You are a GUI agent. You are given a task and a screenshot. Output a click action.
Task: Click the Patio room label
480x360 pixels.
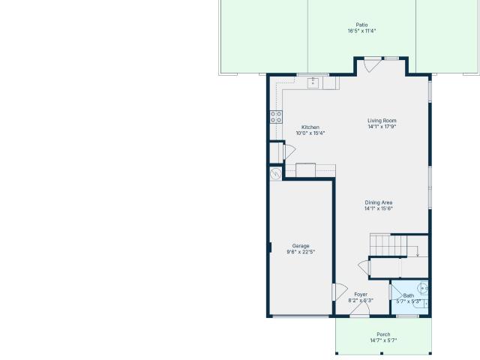click(361, 25)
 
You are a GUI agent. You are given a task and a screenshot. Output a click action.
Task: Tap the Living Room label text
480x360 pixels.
click(382, 121)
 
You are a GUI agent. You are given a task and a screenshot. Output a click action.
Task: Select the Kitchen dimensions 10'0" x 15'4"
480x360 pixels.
click(310, 133)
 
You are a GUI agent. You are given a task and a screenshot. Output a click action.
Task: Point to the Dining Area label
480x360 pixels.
click(378, 202)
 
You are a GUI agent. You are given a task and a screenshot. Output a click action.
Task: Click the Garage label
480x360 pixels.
click(301, 246)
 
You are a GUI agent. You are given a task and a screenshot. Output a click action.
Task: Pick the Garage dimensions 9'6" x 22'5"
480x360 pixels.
click(301, 252)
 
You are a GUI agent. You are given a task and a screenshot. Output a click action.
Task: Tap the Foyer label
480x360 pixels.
click(361, 295)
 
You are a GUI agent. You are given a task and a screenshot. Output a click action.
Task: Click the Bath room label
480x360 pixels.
click(408, 295)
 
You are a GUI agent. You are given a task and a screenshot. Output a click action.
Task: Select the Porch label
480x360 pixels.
click(383, 334)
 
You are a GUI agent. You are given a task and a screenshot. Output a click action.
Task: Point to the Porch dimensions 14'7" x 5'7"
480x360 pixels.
click(383, 340)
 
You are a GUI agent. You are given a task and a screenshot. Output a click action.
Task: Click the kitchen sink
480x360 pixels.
click(313, 83)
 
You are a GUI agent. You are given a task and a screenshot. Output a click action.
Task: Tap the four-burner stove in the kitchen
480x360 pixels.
click(276, 117)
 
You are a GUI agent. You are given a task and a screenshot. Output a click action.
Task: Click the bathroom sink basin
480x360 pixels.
click(422, 288)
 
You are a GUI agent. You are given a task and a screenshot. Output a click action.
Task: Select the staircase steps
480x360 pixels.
click(388, 245)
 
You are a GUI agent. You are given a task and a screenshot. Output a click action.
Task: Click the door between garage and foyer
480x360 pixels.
click(340, 292)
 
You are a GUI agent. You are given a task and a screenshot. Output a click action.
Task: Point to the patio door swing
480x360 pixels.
click(373, 65)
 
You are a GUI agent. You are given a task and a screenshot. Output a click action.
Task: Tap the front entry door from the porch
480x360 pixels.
click(360, 310)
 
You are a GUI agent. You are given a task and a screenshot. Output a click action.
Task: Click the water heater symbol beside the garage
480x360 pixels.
click(276, 173)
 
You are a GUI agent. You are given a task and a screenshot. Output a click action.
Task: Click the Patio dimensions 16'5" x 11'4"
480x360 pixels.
click(361, 31)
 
